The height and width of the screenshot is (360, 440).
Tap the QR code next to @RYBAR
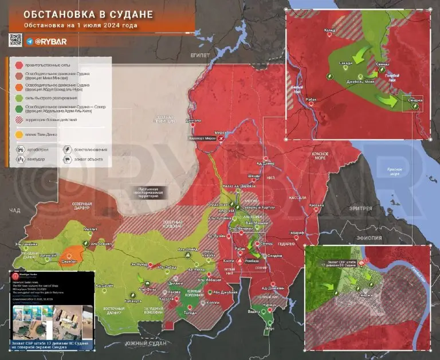pyautogui.click(x=15, y=40)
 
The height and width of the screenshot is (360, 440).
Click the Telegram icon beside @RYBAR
pyautogui.click(x=29, y=42)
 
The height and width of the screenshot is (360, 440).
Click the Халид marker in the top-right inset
pyautogui.click(x=329, y=35)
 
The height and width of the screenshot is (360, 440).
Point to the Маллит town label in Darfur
pyautogui.click(x=91, y=228)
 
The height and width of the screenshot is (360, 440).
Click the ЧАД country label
pyautogui.click(x=15, y=211)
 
